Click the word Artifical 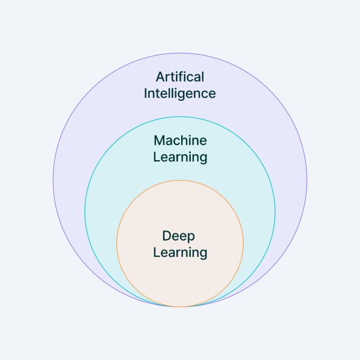click(x=180, y=77)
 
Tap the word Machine click(x=180, y=140)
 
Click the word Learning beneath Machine click(x=180, y=157)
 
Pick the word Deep click(x=179, y=236)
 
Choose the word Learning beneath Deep click(x=180, y=252)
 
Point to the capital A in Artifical click(x=160, y=77)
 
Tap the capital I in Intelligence click(x=146, y=93)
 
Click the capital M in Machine click(x=160, y=140)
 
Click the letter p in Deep click(x=191, y=238)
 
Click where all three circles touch click(x=180, y=307)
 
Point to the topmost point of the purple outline click(x=180, y=53)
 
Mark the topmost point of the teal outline click(x=180, y=116)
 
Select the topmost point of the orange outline click(x=180, y=180)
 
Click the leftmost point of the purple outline click(x=53, y=180)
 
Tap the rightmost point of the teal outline click(x=275, y=211)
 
